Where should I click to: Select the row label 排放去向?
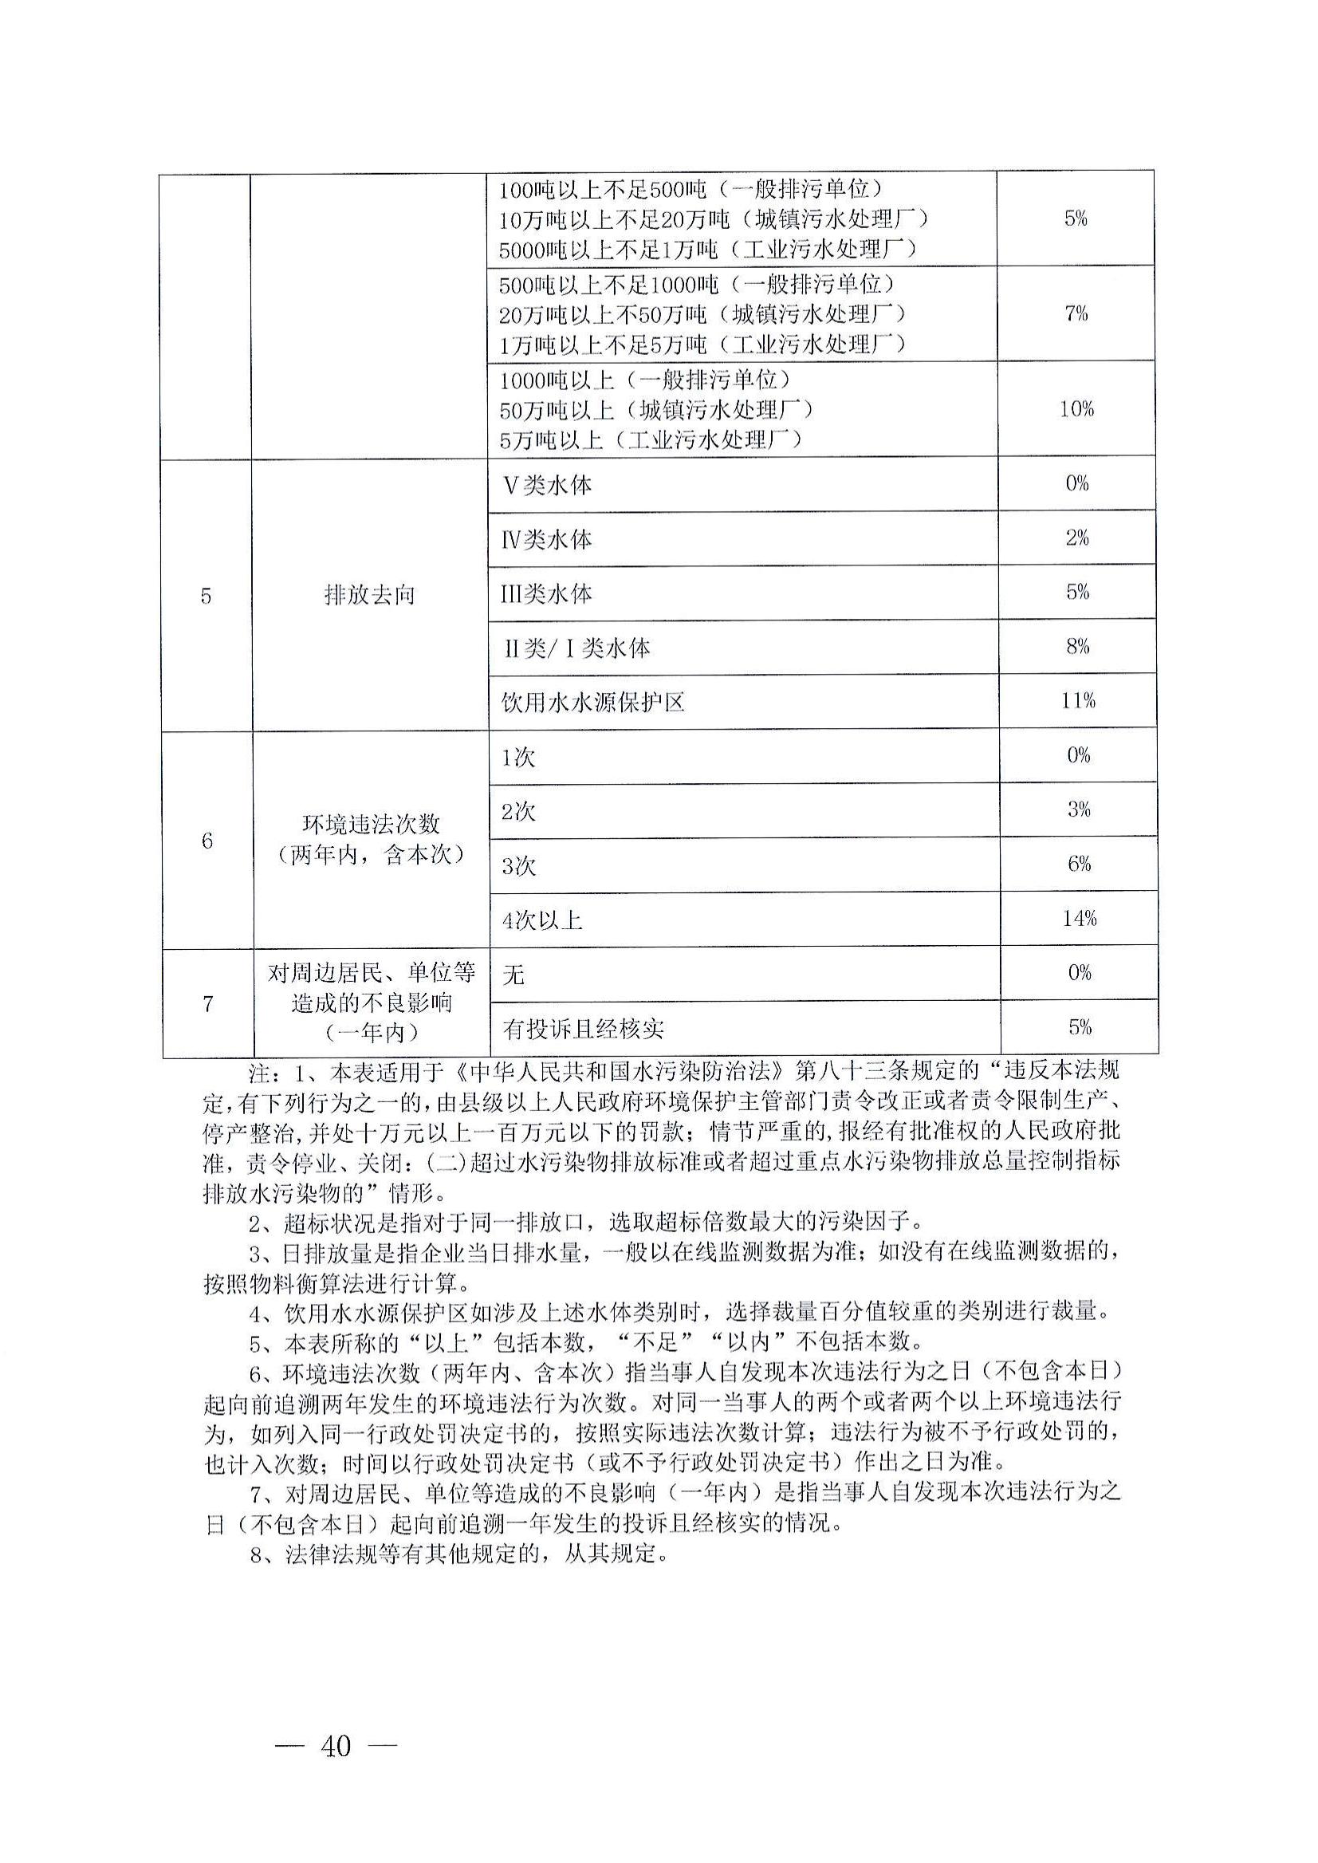coord(369,595)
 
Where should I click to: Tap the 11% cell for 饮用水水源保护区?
coord(1078,699)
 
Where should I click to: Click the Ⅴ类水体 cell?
coord(548,485)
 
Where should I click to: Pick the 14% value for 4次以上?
coord(1080,918)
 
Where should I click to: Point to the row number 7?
coord(208,1004)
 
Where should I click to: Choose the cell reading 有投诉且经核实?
coord(584,1030)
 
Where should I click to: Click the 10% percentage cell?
coord(1076,408)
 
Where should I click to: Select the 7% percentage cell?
coord(1076,313)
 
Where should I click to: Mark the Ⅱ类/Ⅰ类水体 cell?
coord(577,648)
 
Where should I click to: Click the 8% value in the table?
coord(1078,646)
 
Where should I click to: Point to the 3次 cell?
coord(519,866)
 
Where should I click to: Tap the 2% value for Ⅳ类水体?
coord(1077,538)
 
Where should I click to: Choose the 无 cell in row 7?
coord(513,973)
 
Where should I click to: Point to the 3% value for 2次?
coord(1079,809)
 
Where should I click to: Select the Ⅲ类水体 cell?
coord(546,593)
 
